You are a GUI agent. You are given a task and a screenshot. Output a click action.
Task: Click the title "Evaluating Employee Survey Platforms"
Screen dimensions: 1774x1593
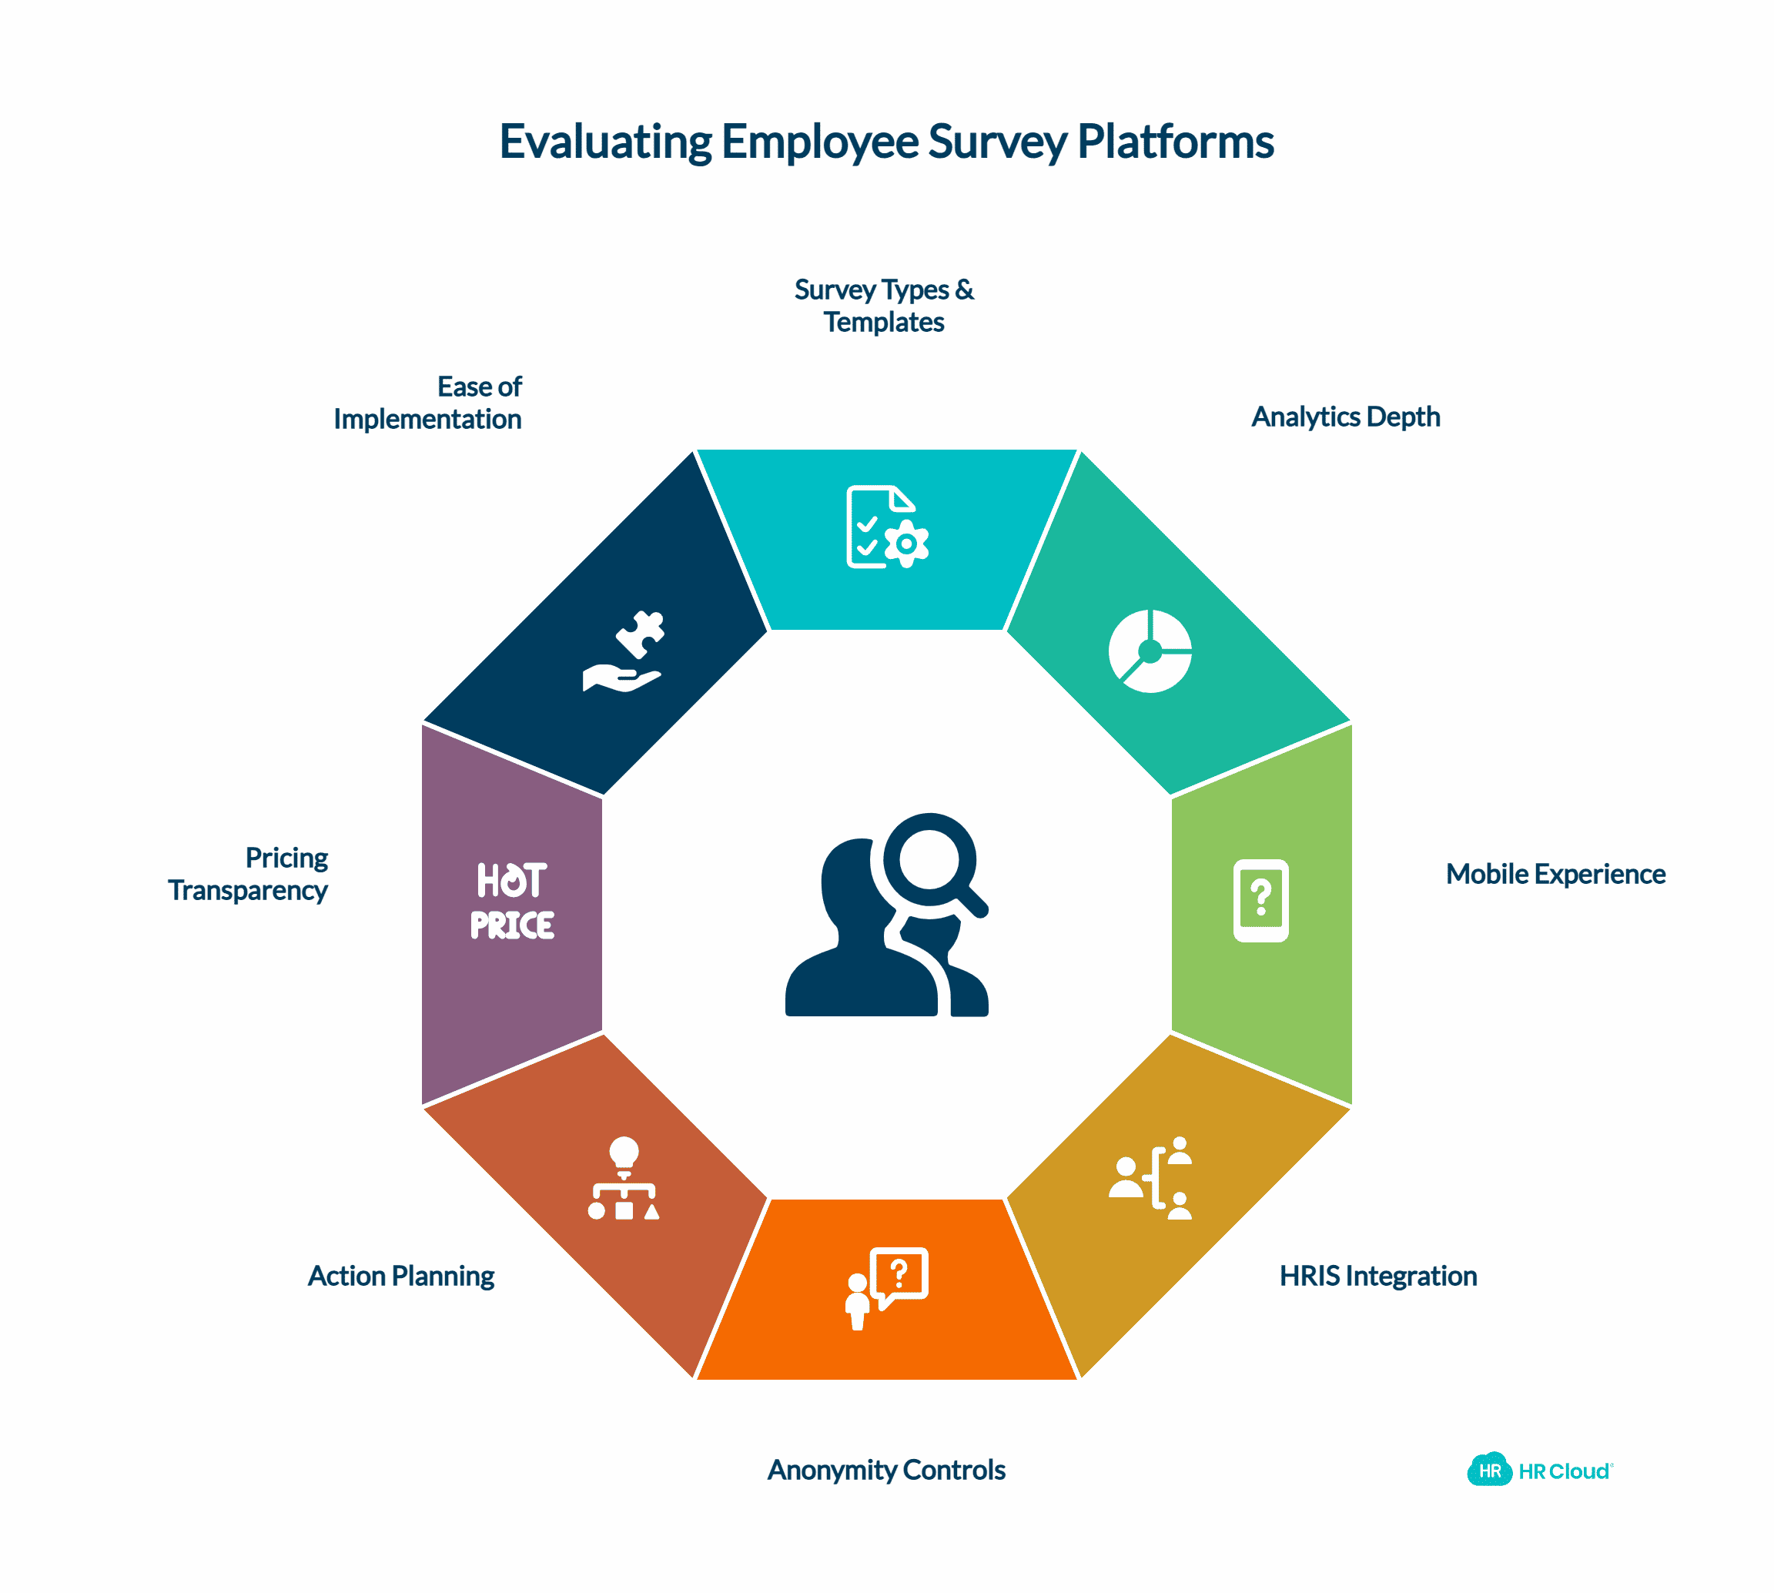(885, 142)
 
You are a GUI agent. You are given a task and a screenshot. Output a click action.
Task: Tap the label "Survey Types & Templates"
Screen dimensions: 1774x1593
(884, 306)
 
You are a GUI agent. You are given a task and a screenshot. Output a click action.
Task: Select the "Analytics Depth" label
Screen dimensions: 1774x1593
(1345, 417)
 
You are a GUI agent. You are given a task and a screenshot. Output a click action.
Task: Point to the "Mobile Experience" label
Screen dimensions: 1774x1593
(1555, 874)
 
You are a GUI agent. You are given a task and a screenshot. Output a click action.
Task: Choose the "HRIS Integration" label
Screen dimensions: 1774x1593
(1378, 1275)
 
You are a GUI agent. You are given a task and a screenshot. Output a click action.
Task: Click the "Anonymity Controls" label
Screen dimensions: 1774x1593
(885, 1470)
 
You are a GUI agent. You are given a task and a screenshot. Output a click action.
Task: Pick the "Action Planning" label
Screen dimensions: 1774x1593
(401, 1276)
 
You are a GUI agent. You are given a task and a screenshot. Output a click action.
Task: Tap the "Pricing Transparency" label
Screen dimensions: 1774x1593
(248, 874)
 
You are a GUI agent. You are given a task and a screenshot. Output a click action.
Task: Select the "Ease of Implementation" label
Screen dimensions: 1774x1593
(427, 403)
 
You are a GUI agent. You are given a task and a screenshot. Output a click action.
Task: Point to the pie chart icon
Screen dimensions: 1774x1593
(1150, 651)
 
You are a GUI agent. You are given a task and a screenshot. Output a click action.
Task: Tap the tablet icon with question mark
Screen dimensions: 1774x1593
(1260, 901)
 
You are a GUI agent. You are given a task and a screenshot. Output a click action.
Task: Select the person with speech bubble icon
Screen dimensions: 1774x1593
(886, 1288)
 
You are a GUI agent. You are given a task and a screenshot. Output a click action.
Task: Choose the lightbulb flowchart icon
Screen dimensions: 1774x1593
(623, 1178)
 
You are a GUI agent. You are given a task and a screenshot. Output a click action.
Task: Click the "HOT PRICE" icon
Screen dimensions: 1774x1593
(512, 901)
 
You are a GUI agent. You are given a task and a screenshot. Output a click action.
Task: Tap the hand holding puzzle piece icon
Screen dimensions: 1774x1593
(623, 651)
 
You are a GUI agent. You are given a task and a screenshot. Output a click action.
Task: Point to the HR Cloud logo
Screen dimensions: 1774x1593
(1539, 1471)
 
